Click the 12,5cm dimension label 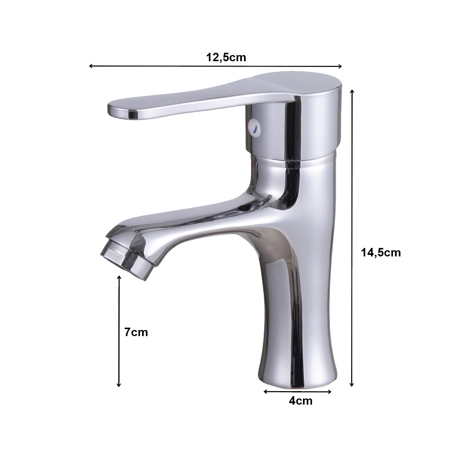(x=226, y=57)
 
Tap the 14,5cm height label (x=381, y=253)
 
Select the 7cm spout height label (x=136, y=332)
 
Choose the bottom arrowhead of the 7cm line (x=119, y=385)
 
